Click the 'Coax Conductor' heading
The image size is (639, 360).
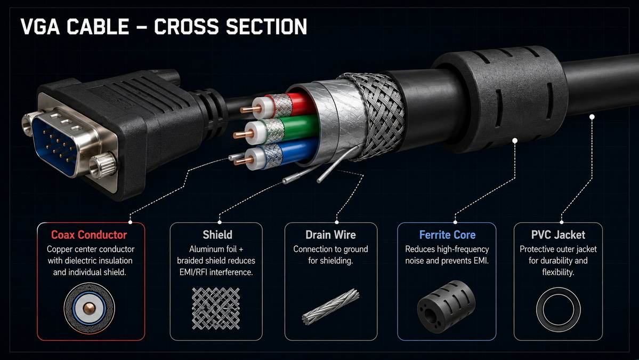[89, 235]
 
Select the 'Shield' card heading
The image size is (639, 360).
[217, 235]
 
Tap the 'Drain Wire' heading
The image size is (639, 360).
[330, 235]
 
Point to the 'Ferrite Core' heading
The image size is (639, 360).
[447, 235]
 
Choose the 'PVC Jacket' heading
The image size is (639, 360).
[558, 235]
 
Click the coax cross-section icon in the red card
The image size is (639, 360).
[89, 308]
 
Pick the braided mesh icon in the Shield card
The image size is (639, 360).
[216, 308]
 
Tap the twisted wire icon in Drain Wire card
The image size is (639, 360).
[331, 307]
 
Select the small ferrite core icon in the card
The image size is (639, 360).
[446, 307]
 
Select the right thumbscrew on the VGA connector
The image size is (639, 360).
[102, 166]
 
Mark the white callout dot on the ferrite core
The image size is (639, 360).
[515, 141]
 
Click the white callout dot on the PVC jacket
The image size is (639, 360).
[592, 117]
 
